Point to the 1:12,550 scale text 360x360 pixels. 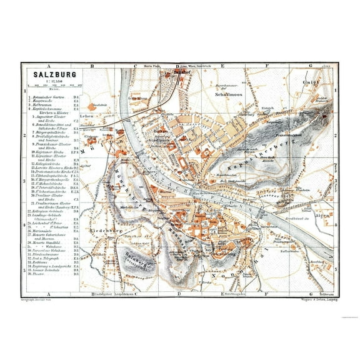point(47,85)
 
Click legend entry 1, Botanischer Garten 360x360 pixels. point(50,98)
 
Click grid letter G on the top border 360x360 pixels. point(310,65)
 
